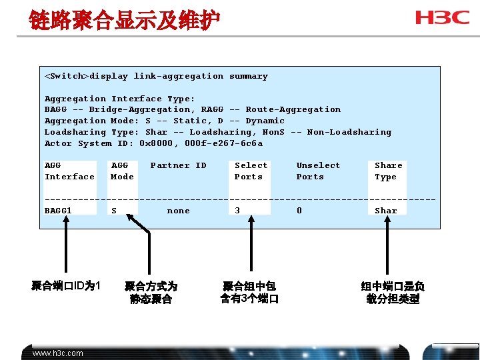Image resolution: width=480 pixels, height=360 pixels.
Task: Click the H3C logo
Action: [442, 17]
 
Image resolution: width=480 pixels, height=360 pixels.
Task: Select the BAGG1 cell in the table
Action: [58, 211]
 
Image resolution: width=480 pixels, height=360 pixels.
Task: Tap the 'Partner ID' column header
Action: [178, 165]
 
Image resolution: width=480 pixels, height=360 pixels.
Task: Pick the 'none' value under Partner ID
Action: [178, 211]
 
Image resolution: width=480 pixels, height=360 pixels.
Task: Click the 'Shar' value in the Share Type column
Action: [385, 211]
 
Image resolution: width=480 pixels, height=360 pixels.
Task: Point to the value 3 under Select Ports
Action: [237, 211]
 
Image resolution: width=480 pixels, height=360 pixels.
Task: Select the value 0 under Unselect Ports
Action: [299, 211]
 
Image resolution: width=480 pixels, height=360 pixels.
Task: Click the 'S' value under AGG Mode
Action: [114, 211]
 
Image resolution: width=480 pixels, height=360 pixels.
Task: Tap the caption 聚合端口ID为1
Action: [65, 286]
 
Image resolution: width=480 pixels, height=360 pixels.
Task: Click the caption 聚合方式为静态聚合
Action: [151, 293]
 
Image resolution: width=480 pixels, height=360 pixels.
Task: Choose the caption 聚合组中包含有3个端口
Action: [249, 292]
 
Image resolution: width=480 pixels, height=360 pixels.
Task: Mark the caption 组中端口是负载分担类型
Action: [393, 292]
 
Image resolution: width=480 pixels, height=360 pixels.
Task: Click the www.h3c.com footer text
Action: [58, 353]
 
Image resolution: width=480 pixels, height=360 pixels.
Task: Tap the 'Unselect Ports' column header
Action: [318, 171]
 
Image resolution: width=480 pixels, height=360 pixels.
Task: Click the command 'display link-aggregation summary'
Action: [179, 76]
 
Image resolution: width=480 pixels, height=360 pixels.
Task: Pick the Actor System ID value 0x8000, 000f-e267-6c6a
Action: [201, 143]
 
